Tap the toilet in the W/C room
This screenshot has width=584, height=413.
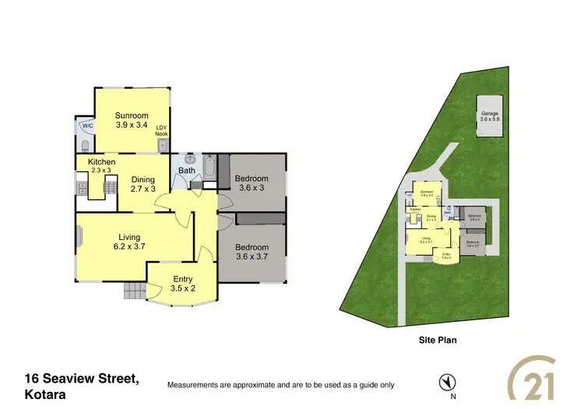pos(83,145)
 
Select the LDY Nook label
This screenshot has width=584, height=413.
pos(161,130)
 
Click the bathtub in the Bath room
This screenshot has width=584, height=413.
pos(209,168)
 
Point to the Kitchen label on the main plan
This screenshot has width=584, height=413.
pos(101,162)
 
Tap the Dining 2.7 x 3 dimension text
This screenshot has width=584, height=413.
pos(142,184)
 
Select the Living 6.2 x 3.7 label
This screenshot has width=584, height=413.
pos(129,242)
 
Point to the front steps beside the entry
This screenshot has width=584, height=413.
pos(134,291)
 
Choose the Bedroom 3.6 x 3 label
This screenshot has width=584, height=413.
pos(252,183)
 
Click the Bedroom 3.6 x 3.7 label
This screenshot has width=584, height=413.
pos(252,252)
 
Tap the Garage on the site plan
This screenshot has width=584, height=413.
pos(489,117)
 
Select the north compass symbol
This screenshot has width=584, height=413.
pos(447,382)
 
